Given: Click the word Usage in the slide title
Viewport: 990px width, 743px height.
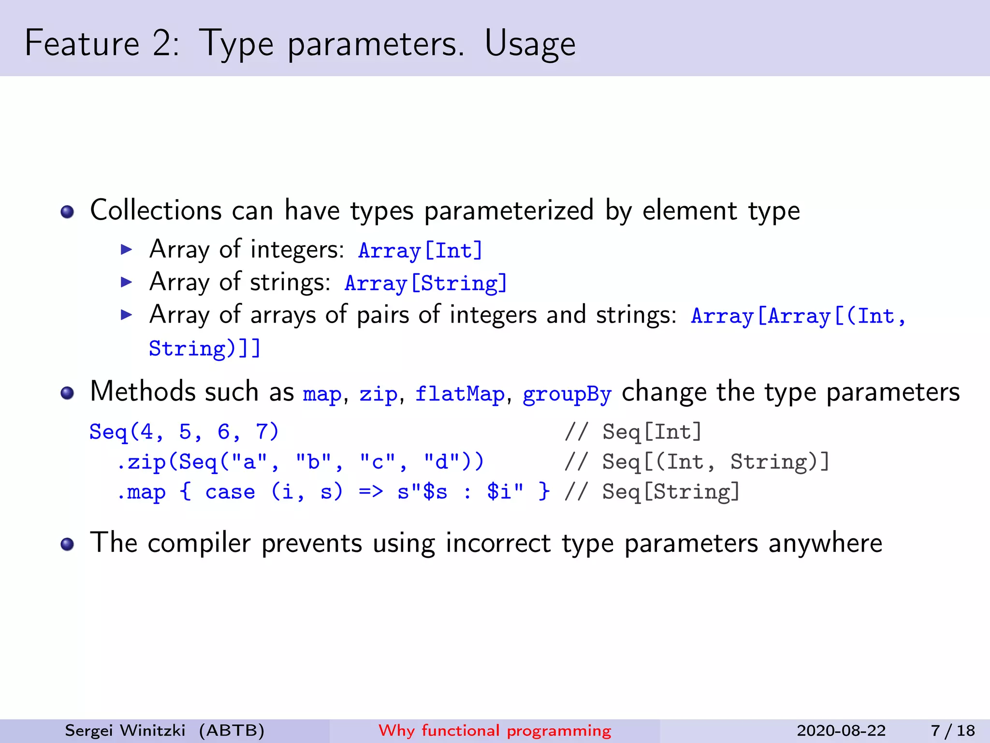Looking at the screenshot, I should click(530, 44).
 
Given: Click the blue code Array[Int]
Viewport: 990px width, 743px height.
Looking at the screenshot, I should click(420, 251).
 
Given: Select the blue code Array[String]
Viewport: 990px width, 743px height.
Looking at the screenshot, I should click(425, 283).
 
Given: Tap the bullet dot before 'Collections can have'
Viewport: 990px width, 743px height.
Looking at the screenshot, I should click(67, 211).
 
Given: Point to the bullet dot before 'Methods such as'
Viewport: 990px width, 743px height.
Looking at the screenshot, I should click(67, 393).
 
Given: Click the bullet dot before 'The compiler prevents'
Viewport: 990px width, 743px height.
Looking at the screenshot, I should click(67, 544).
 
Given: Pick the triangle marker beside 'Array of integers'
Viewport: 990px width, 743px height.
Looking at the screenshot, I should click(126, 250).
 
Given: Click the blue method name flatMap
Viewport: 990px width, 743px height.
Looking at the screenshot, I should click(460, 394).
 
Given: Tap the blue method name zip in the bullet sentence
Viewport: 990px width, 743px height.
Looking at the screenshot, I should click(378, 394).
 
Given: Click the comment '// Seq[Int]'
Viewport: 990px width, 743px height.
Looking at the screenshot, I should click(633, 431).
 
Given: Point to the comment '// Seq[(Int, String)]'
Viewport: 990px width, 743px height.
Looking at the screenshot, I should click(697, 462).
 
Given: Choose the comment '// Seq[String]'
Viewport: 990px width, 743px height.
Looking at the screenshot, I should click(652, 492).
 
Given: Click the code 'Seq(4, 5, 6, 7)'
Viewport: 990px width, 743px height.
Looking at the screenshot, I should click(184, 431).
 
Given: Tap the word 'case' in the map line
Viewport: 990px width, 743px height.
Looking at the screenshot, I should click(230, 492).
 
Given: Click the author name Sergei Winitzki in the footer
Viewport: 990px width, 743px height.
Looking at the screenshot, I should click(125, 730).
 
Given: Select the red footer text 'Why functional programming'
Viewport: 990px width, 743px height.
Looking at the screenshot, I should click(495, 730).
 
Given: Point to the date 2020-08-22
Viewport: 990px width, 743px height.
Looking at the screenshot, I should click(841, 730).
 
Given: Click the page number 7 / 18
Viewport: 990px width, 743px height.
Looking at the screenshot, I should click(953, 730).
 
